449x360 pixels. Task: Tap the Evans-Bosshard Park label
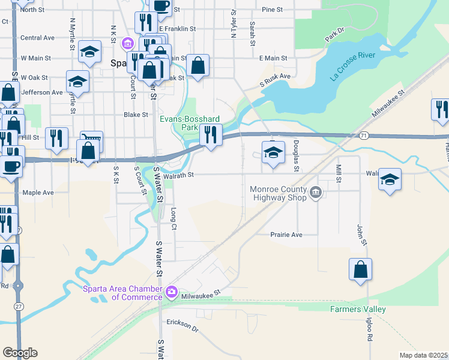[190, 123]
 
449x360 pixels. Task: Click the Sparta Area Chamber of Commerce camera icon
[172, 292]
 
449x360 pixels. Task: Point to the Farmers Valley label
[358, 310]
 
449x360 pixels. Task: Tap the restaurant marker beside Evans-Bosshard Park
[210, 134]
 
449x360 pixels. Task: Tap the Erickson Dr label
[182, 325]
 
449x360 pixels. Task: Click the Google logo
[20, 353]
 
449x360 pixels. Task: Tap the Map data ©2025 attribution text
[423, 355]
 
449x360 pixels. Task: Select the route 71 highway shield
[364, 136]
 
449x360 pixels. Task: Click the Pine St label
[272, 10]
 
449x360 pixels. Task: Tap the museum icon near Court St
[127, 43]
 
